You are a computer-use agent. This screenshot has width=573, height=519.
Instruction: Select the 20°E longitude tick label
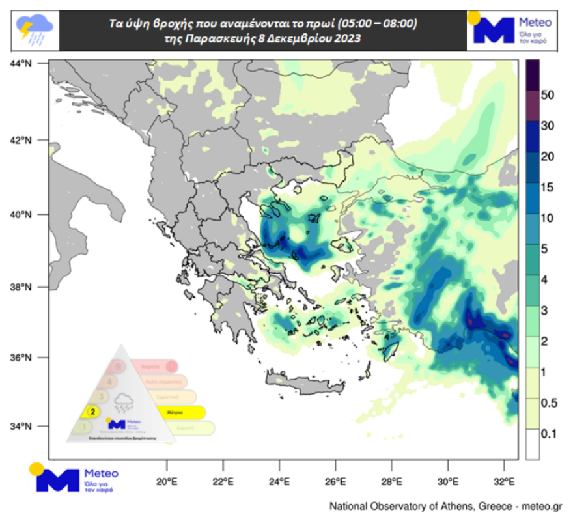pos(167,483)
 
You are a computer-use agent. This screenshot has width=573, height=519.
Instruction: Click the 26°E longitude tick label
pos(335,483)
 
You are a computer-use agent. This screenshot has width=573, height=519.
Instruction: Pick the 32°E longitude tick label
pos(504,483)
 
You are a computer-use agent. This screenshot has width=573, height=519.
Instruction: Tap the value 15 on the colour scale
pos(547,188)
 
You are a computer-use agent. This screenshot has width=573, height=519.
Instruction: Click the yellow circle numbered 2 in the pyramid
pos(93,412)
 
